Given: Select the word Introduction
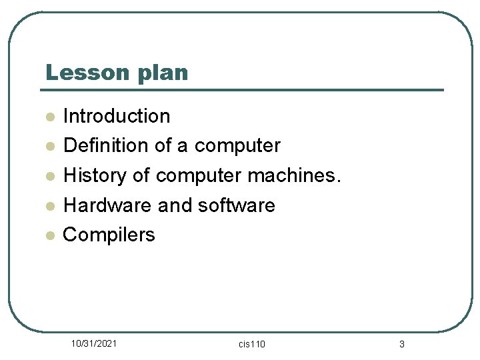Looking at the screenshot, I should pos(117,116).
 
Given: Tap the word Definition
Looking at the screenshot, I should pos(103,145).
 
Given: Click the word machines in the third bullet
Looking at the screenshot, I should pos(294,175).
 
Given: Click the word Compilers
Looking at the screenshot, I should pos(109,235).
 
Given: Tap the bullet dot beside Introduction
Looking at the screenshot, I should pos(49,117).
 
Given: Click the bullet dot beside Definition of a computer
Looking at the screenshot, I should pos(49,147).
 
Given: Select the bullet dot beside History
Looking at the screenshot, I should pos(49,177).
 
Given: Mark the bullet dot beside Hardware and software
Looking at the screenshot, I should pos(49,206).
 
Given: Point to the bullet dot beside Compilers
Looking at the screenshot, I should pos(49,236).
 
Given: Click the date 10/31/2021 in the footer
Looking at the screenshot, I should pos(95,343).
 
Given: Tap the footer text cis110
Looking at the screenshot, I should pos(251,344).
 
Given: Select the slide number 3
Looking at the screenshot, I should pos(401,344).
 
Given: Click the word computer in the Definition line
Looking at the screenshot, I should pos(237,145).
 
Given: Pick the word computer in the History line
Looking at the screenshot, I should pos(199,175).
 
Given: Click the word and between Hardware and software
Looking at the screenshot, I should pos(175,205).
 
